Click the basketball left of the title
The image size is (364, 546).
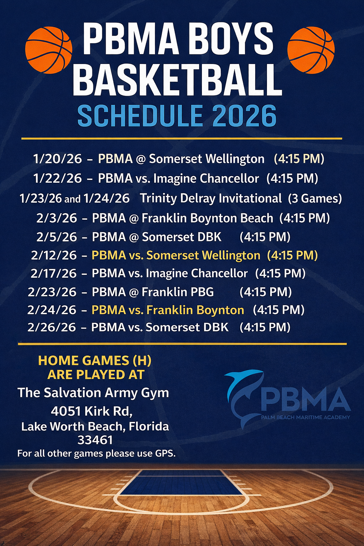point(49,50)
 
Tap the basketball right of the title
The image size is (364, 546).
point(311,50)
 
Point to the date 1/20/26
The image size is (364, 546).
point(58,159)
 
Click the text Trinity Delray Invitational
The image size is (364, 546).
point(211,198)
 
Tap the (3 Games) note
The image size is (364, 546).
point(315,198)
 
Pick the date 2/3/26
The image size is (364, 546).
point(57,218)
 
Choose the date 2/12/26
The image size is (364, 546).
point(54,255)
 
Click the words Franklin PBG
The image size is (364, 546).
point(178,292)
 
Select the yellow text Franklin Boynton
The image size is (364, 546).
point(195,310)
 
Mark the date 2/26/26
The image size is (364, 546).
point(52,327)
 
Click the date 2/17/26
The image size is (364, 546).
point(54,273)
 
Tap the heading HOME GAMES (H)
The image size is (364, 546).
point(95,360)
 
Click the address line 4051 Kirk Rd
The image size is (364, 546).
point(92,411)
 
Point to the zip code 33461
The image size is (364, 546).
point(95,440)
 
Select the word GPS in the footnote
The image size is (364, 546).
point(165,454)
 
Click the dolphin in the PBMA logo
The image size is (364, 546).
point(242,395)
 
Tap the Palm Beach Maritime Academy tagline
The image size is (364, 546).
point(305,417)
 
